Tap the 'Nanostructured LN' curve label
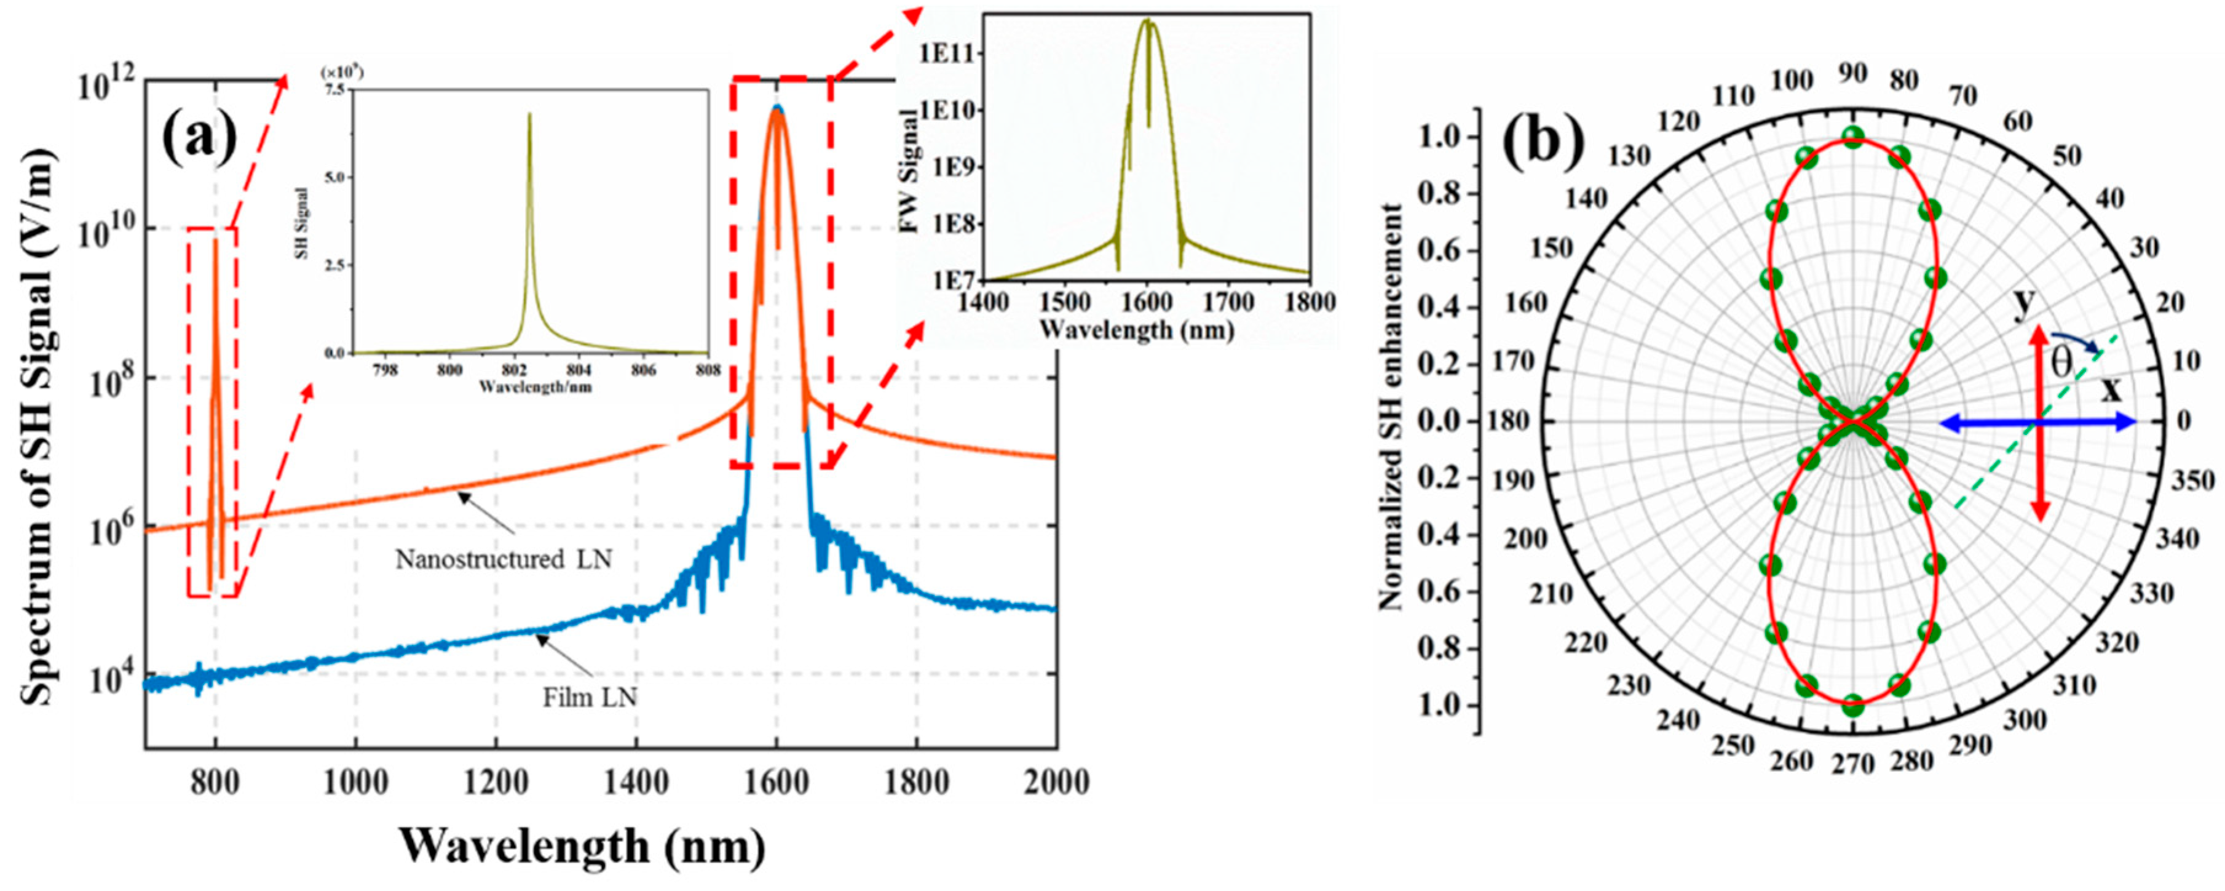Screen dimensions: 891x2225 [x=504, y=560]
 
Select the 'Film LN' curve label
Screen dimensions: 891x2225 [x=590, y=697]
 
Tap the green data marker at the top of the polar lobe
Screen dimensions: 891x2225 [x=1852, y=137]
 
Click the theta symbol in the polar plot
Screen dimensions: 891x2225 [x=2061, y=363]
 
